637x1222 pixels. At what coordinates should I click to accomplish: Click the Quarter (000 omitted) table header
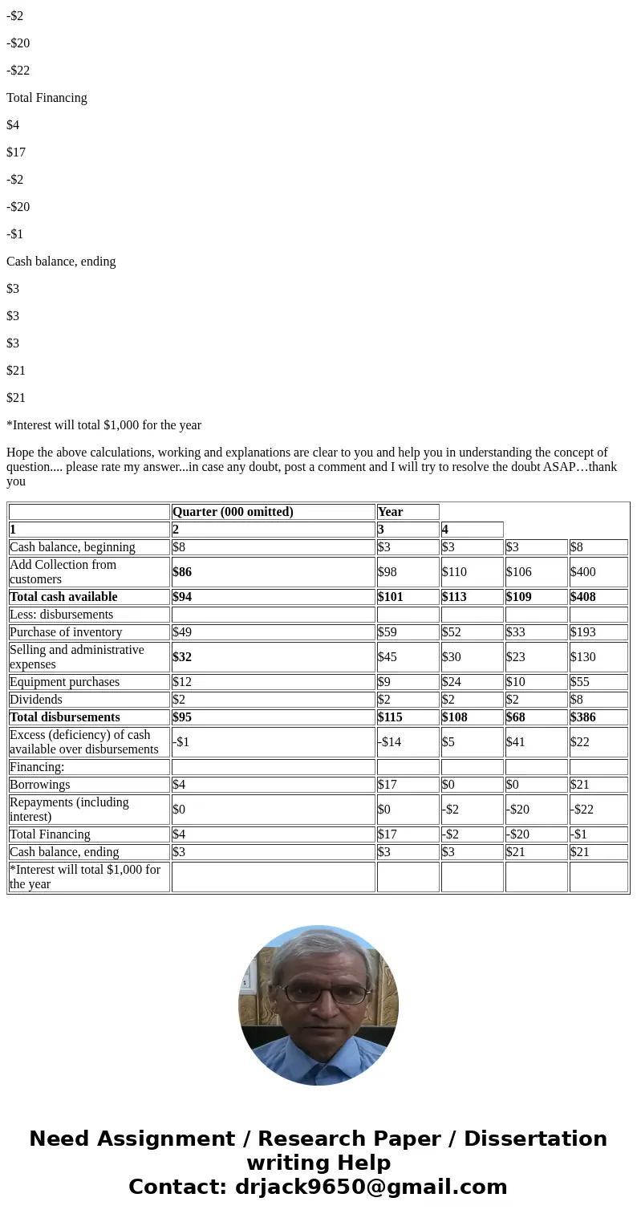tap(233, 512)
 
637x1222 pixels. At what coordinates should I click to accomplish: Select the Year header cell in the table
tap(391, 512)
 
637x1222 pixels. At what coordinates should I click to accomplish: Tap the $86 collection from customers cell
tap(182, 572)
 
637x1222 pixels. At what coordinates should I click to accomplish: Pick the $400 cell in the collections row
tap(583, 572)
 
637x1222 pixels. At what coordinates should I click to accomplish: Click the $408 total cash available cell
tap(583, 597)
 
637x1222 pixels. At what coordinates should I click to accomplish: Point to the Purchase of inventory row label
tap(66, 632)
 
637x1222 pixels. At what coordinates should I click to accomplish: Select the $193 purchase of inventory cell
tap(583, 632)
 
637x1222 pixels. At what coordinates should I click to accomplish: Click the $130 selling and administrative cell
tap(583, 657)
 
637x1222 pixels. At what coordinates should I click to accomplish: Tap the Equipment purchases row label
tap(64, 682)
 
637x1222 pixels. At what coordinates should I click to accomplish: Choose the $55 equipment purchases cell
tap(580, 682)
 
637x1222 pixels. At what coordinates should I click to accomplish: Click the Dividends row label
tap(36, 700)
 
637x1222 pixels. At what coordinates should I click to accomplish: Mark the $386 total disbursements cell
tap(583, 717)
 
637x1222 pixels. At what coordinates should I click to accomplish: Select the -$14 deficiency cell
tap(389, 742)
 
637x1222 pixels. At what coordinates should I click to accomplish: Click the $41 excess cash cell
tap(516, 742)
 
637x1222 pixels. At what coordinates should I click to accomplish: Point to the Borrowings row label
tap(40, 785)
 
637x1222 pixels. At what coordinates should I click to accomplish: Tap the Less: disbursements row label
tap(62, 615)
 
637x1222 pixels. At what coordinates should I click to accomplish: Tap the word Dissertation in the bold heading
tap(535, 1139)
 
